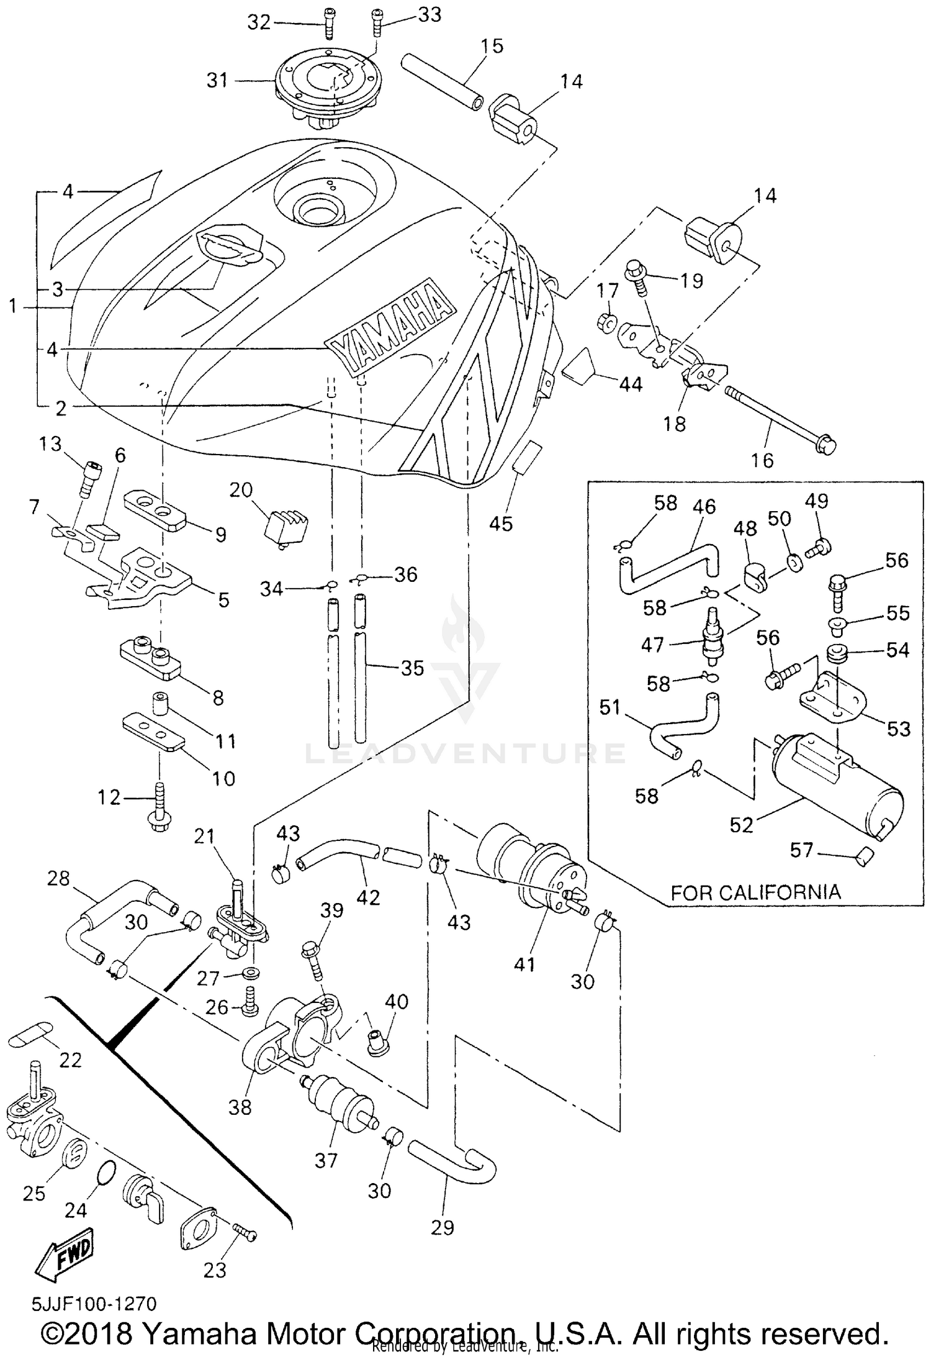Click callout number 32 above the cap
(259, 22)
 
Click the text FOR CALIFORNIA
(755, 892)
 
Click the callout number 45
(500, 524)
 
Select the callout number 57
(801, 849)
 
